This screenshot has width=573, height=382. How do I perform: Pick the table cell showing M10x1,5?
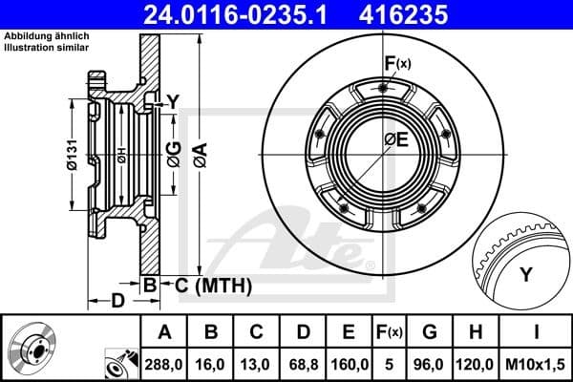pyautogui.click(x=538, y=364)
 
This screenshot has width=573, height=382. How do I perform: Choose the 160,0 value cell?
pyautogui.click(x=350, y=364)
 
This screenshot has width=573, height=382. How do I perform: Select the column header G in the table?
pyautogui.click(x=431, y=333)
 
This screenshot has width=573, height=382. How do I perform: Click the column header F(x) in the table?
pyautogui.click(x=390, y=333)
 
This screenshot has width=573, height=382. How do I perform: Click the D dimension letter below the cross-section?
pyautogui.click(x=116, y=302)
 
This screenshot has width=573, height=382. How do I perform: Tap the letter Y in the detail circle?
pyautogui.click(x=525, y=275)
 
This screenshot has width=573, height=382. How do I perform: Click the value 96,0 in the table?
pyautogui.click(x=431, y=364)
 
